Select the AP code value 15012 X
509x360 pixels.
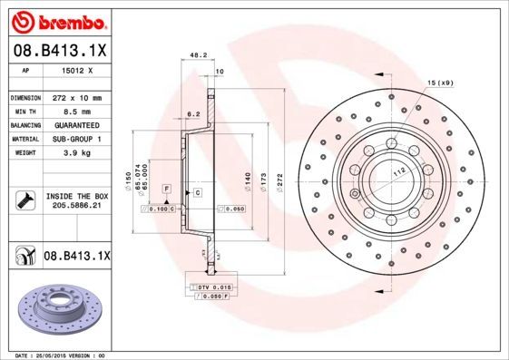pyautogui.click(x=76, y=70)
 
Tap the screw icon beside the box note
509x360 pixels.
pyautogui.click(x=24, y=200)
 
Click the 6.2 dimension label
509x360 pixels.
pyautogui.click(x=192, y=115)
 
